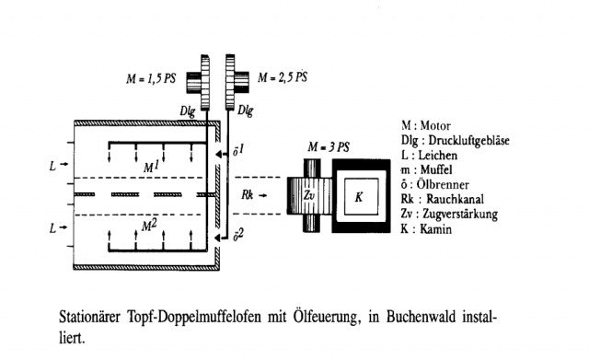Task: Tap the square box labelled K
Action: [358, 196]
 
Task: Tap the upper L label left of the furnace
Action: [53, 167]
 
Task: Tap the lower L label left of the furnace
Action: [53, 226]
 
